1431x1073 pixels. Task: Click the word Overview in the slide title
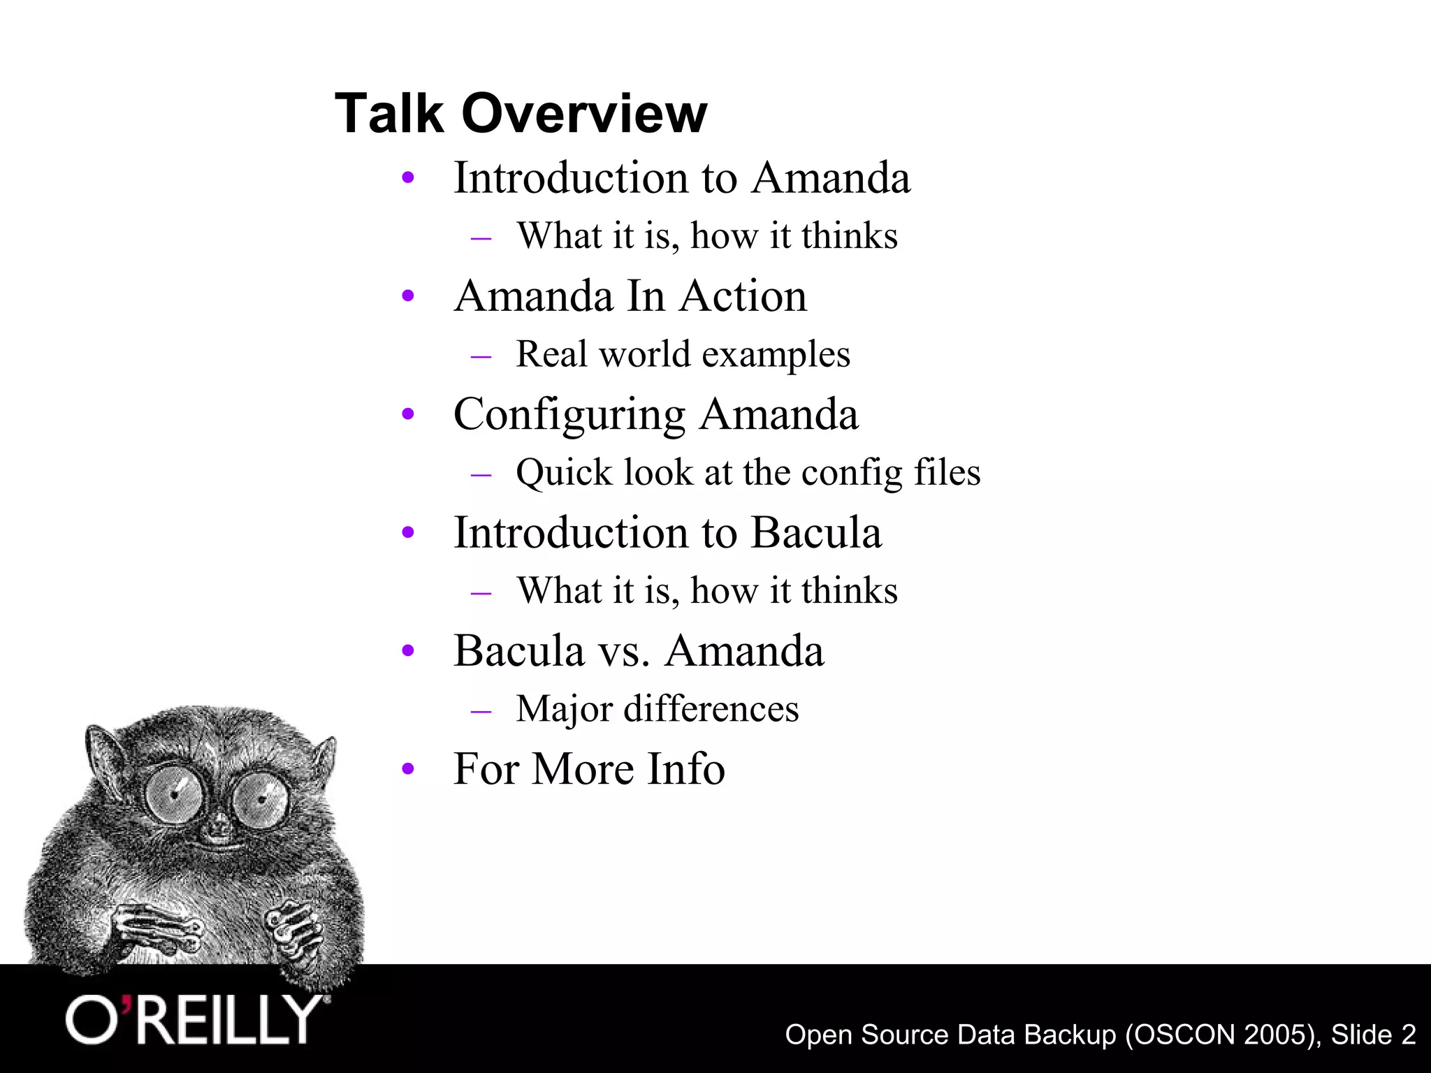coord(584,113)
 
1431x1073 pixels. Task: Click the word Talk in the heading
coord(388,113)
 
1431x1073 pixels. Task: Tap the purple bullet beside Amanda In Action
coord(409,296)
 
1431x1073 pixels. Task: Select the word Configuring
coord(569,414)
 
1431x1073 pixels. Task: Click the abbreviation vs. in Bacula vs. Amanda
coord(624,651)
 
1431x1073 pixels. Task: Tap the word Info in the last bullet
coord(686,768)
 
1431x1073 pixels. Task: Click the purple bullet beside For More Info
coord(409,770)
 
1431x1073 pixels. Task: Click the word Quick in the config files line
coord(564,473)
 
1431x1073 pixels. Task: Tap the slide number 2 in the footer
coord(1408,1035)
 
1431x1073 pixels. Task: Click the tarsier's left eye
coord(175,794)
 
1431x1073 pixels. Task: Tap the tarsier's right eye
coord(259,801)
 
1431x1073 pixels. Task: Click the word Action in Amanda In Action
coord(743,296)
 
